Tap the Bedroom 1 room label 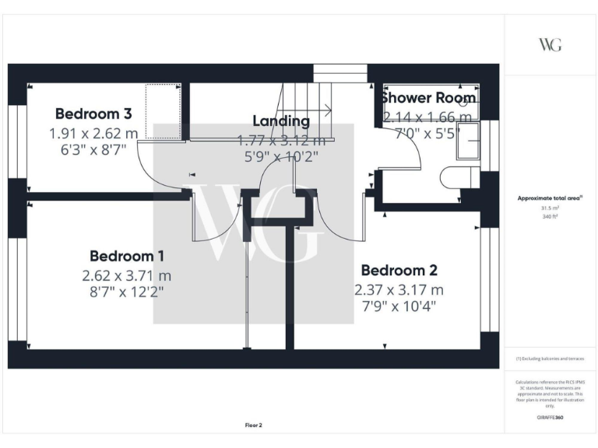[x=126, y=256]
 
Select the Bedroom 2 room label [x=399, y=271]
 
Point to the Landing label [x=281, y=121]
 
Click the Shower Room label [x=427, y=99]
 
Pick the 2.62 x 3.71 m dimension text [x=126, y=275]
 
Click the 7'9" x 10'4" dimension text [x=399, y=306]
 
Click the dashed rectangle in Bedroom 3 [x=164, y=112]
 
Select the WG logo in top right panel [x=550, y=44]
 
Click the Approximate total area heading [x=550, y=198]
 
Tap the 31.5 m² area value [x=550, y=208]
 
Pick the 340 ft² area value [x=550, y=217]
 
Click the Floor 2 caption [x=254, y=425]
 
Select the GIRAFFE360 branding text [x=550, y=418]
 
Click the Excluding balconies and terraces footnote [x=550, y=359]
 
